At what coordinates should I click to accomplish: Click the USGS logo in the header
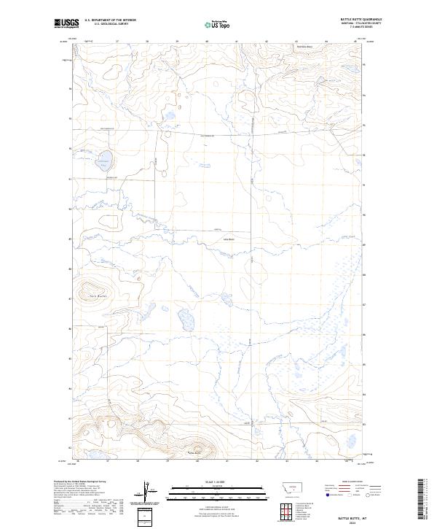pyautogui.click(x=65, y=23)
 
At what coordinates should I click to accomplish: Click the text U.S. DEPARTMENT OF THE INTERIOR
pyautogui.click(x=110, y=20)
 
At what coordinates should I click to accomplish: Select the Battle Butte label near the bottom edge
pyautogui.click(x=193, y=452)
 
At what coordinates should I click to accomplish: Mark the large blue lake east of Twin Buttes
pyautogui.click(x=184, y=320)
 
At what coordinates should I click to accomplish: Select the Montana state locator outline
pyautogui.click(x=283, y=488)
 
